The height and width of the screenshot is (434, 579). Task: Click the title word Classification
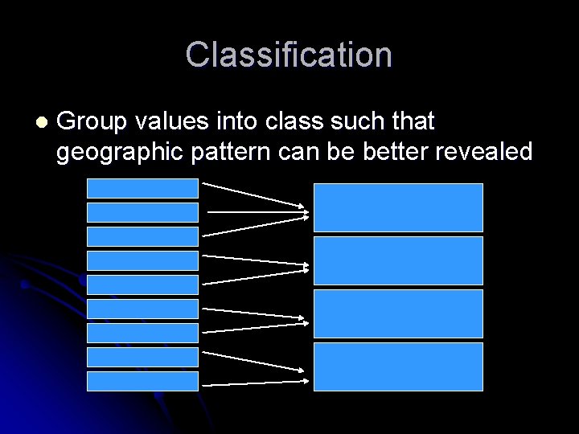[x=289, y=55]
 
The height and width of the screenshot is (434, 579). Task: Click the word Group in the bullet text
[x=92, y=122]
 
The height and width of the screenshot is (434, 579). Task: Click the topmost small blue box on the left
[x=142, y=187]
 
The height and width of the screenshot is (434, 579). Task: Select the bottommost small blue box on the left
[x=142, y=381]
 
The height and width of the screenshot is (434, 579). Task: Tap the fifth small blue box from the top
[x=142, y=285]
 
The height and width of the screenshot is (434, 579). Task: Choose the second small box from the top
[x=142, y=212]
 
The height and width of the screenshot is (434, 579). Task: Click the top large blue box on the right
[x=398, y=207]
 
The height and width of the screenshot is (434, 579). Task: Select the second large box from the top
[x=398, y=260]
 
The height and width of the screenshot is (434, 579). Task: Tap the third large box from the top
[x=398, y=313]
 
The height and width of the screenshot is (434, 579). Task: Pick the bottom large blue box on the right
[x=398, y=366]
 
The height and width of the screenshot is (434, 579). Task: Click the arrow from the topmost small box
[x=253, y=194]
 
